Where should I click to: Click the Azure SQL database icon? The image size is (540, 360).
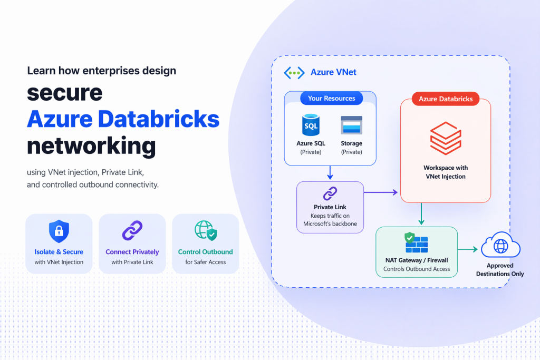(x=310, y=125)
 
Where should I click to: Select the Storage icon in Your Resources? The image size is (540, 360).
(x=351, y=125)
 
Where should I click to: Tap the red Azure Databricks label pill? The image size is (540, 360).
(x=445, y=99)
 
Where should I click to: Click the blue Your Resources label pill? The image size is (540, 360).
(x=331, y=98)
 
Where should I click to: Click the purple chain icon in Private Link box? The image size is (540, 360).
(x=330, y=193)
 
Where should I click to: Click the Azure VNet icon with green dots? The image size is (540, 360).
(x=294, y=73)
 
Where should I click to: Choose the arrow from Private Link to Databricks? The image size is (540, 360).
(x=380, y=192)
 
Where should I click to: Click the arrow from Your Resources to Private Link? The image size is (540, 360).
(x=330, y=172)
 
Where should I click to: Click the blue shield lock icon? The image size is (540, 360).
(x=59, y=231)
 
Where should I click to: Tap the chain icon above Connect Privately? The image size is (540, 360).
(x=132, y=231)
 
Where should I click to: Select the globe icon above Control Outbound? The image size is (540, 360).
(x=205, y=231)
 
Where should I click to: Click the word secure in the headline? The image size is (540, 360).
(x=64, y=93)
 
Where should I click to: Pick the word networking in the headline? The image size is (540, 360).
(x=91, y=145)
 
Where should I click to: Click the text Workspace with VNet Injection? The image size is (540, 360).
(x=445, y=172)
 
